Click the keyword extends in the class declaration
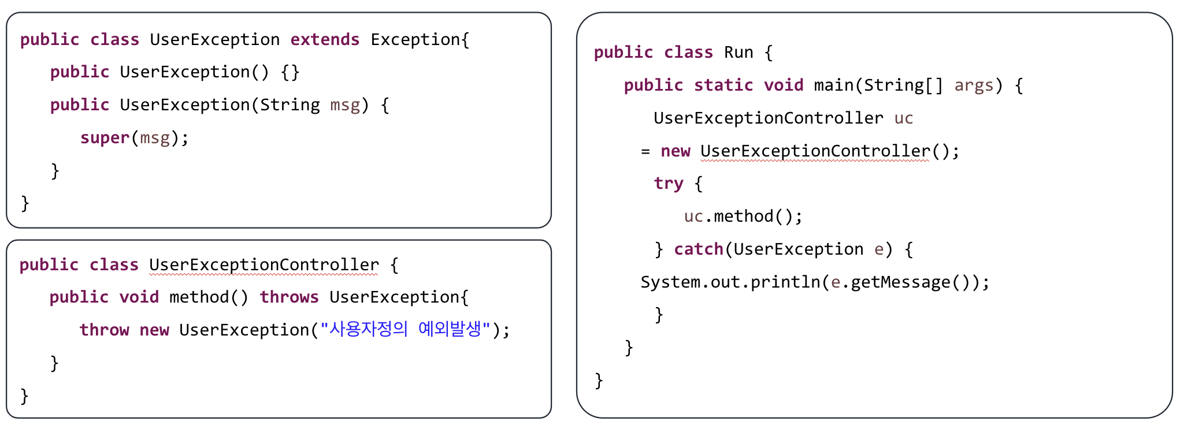click(x=325, y=39)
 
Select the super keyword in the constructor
click(x=105, y=137)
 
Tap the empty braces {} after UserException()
click(x=290, y=72)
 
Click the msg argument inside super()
click(x=155, y=138)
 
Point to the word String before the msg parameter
click(x=290, y=105)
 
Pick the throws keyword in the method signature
click(x=289, y=297)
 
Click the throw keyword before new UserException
click(x=104, y=330)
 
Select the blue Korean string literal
click(x=406, y=329)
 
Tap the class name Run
click(x=739, y=53)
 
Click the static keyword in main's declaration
click(x=723, y=85)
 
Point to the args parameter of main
click(x=974, y=85)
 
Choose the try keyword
click(x=669, y=184)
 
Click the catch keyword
click(x=698, y=249)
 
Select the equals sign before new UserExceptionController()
click(x=645, y=151)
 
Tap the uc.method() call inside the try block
click(x=743, y=217)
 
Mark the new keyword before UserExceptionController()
click(x=676, y=151)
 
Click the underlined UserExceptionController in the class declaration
click(x=264, y=264)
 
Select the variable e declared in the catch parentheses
click(x=879, y=249)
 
